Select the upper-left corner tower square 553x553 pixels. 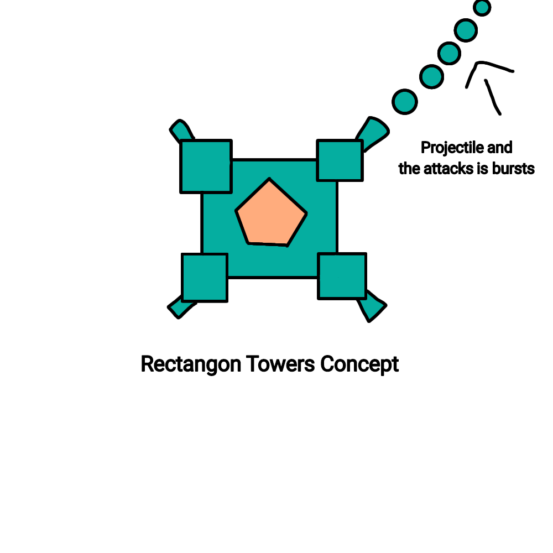coord(206,166)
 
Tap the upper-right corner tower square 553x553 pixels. coord(340,160)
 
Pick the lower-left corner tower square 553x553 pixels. coord(205,278)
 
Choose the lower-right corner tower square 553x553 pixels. coord(342,276)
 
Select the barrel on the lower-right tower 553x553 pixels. coord(373,306)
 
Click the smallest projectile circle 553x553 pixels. coord(482,7)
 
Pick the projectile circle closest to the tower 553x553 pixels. coord(405,102)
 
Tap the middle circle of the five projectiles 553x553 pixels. coord(449,54)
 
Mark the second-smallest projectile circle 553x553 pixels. coord(466,29)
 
